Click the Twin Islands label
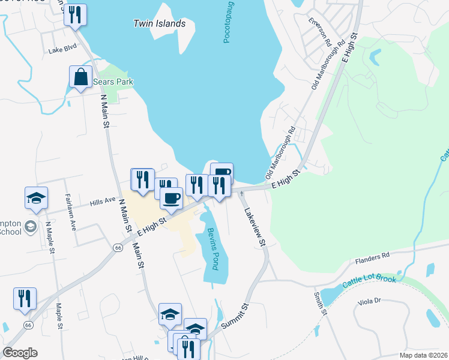(159, 24)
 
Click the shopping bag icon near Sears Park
(80, 77)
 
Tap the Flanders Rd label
(372, 256)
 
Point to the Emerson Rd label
(320, 32)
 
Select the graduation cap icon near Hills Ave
(36, 197)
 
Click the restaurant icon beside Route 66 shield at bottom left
(25, 299)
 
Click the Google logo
(20, 353)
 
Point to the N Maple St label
(50, 239)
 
